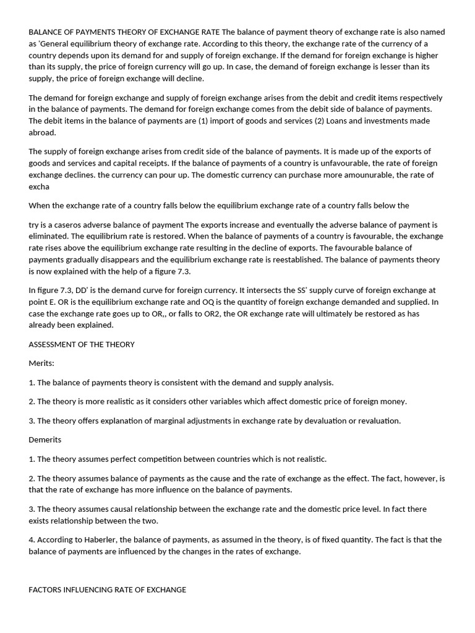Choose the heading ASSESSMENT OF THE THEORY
(x=82, y=344)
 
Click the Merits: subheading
(x=41, y=363)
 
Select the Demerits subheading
(x=45, y=440)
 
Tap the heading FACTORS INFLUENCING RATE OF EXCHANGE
(x=108, y=590)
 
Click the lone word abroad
(x=42, y=132)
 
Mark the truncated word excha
(x=39, y=186)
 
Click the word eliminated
(x=51, y=236)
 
